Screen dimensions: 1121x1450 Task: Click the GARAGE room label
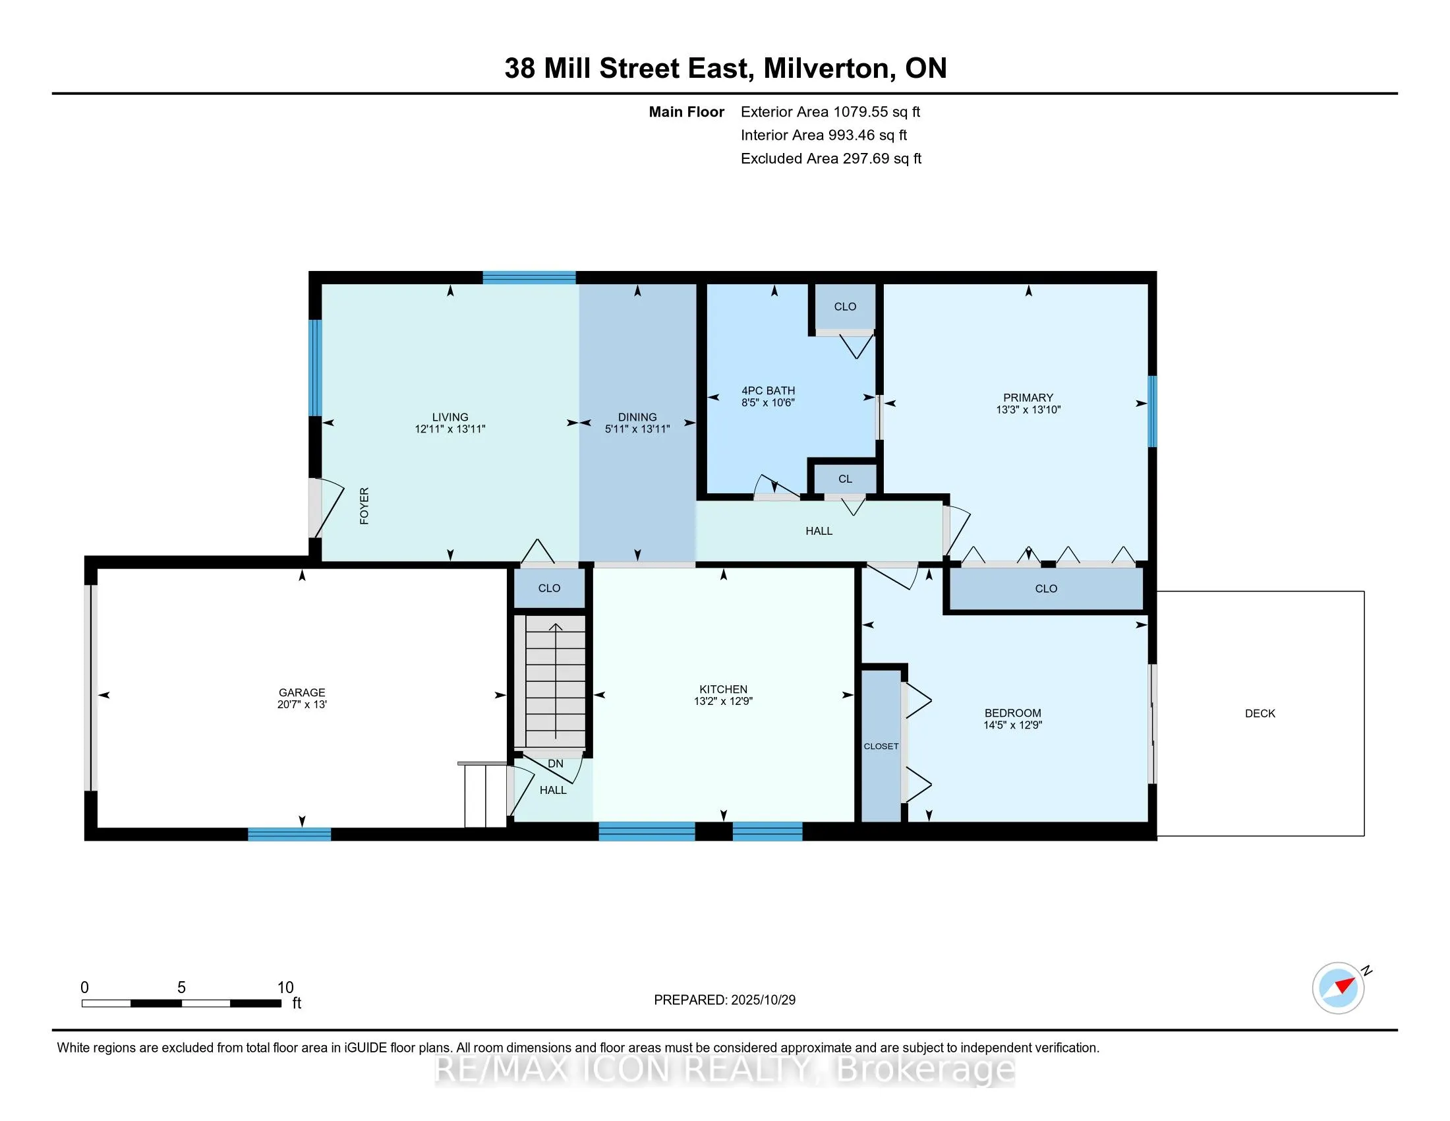[x=301, y=692]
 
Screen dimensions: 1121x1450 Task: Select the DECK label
[x=1260, y=713]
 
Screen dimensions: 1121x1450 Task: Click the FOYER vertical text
[x=364, y=506]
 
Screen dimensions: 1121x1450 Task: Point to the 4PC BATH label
[x=767, y=390]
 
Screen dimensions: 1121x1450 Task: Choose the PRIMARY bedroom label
[x=1028, y=398]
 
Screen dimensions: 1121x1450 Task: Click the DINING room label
[x=637, y=417]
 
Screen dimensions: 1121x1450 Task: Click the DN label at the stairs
[x=555, y=764]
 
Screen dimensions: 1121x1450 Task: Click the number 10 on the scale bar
[x=285, y=988]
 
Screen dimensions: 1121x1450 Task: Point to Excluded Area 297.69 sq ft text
[x=830, y=158]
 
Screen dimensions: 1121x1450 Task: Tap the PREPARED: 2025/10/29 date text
[x=724, y=1000]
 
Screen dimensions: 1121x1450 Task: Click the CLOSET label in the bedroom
[x=881, y=746]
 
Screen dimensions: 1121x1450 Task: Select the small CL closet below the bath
[x=844, y=479]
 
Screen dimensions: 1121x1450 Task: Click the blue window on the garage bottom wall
[x=289, y=835]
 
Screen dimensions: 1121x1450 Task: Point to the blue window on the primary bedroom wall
[x=1153, y=411]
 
